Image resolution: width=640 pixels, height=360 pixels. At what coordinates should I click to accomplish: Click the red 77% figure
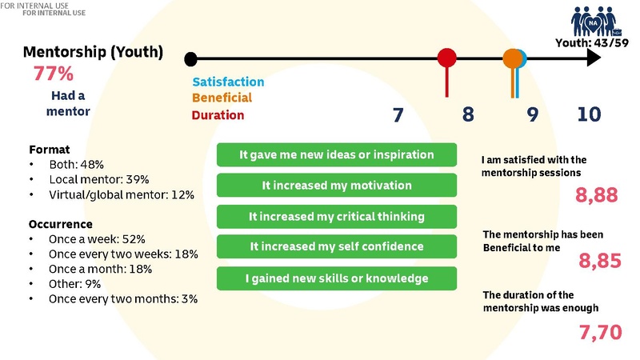pos(54,74)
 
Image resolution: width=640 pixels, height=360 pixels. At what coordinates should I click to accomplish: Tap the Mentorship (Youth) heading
pos(94,53)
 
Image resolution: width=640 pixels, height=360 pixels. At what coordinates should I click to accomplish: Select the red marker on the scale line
pos(447,58)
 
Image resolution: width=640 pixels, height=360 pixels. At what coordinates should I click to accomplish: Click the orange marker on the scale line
pos(512,58)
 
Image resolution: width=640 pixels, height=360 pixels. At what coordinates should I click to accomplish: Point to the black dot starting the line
pos(190,58)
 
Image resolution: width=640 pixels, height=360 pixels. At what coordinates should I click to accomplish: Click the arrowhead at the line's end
pos(593,58)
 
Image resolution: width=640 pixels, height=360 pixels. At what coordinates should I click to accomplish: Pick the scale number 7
pos(398,114)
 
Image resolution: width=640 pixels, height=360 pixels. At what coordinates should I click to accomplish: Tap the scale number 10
pos(589,114)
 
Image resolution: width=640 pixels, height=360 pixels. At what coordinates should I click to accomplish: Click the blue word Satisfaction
pos(228,82)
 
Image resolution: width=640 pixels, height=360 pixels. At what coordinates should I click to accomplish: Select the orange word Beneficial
pos(222,98)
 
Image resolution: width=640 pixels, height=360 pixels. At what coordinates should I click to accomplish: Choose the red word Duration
pos(218,114)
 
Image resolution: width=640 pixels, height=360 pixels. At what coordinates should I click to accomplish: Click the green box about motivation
pos(337,186)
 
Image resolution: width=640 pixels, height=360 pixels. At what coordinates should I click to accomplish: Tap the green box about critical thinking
pos(337,216)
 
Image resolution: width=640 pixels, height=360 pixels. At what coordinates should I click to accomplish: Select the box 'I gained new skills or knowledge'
pos(337,278)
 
